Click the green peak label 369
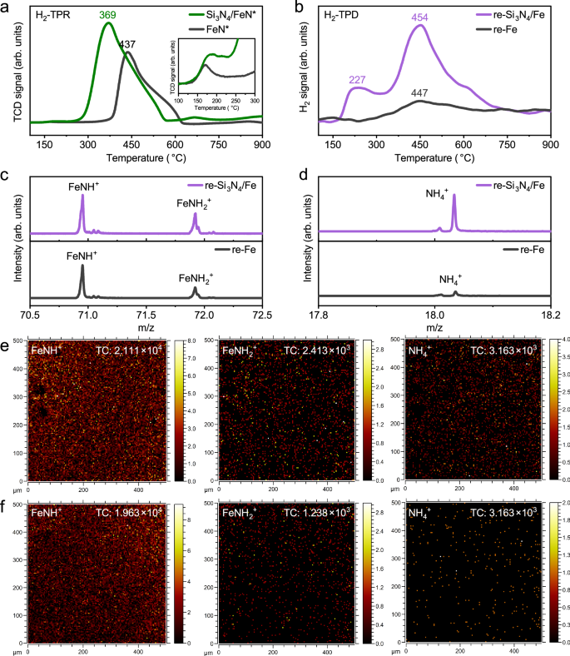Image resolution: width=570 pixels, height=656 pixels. pyautogui.click(x=108, y=15)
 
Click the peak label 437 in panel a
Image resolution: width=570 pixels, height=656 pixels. pyautogui.click(x=126, y=44)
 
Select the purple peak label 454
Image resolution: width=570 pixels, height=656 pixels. pyautogui.click(x=419, y=17)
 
